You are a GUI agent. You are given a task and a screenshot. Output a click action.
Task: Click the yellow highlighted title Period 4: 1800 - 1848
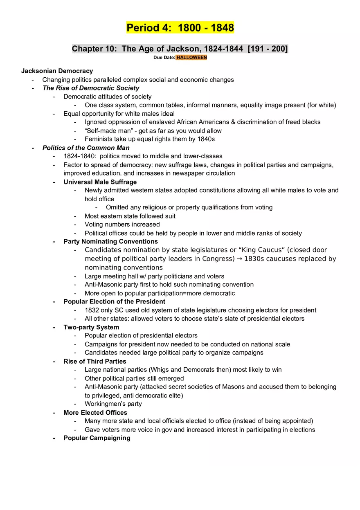180,28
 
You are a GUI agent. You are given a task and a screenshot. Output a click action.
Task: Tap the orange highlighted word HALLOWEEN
191,58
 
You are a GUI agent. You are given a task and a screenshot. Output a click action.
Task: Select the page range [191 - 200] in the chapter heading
268,49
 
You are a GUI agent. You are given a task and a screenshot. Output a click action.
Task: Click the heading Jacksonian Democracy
57,71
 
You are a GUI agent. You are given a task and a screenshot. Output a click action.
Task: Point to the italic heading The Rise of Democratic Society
91,88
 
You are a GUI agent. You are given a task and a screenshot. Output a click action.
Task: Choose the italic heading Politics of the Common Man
86,148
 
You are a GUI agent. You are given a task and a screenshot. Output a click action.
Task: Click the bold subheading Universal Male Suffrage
100,182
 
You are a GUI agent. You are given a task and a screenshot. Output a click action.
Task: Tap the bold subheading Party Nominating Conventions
110,241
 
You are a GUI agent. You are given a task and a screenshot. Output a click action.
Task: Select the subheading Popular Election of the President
114,301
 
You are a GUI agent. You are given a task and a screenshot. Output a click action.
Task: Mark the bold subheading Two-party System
91,327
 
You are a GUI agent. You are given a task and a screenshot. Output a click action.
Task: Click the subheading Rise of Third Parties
94,361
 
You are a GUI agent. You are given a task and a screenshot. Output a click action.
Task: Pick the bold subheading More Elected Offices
95,413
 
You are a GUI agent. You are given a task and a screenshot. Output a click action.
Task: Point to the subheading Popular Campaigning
97,438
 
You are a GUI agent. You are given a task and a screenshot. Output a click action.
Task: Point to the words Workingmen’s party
113,404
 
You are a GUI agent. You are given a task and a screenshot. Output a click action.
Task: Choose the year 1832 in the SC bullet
92,310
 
